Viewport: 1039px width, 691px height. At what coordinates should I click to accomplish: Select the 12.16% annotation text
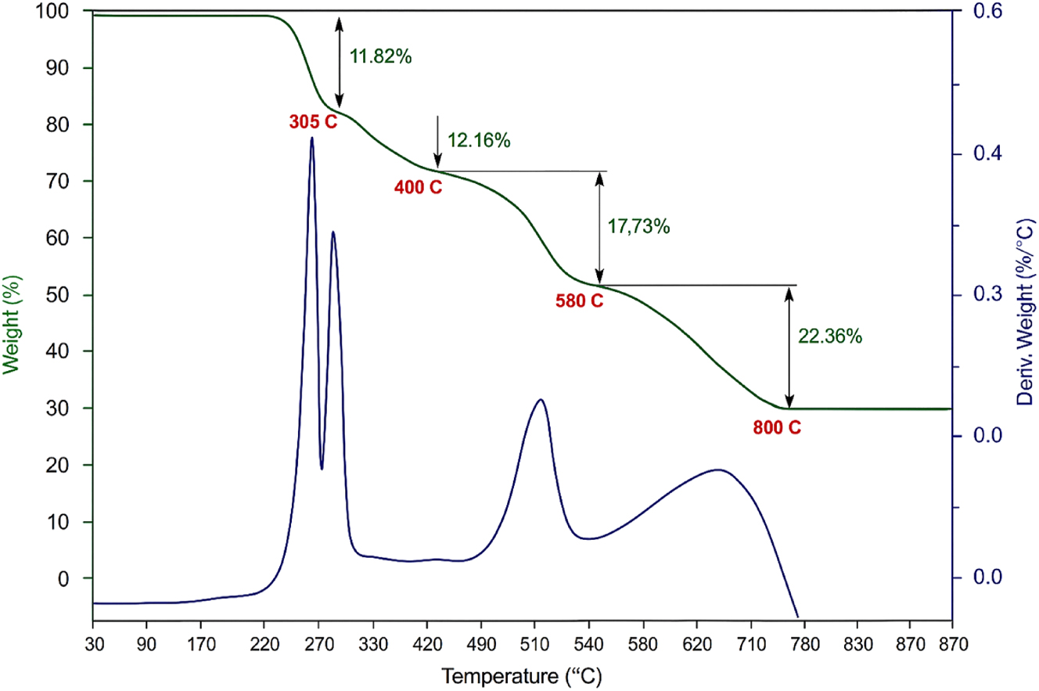click(x=479, y=141)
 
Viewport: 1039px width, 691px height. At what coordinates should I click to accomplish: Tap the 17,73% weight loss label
click(x=638, y=227)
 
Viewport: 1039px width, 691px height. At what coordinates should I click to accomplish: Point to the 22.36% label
click(x=830, y=337)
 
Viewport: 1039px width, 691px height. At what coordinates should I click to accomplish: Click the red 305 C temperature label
click(x=313, y=122)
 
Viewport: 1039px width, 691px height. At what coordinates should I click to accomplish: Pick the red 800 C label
click(x=777, y=428)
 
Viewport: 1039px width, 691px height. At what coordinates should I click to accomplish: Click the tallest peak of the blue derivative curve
click(x=311, y=139)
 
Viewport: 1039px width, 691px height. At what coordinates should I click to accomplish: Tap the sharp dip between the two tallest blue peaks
click(x=322, y=468)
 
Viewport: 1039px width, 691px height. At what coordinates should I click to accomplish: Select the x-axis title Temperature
click(x=522, y=674)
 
